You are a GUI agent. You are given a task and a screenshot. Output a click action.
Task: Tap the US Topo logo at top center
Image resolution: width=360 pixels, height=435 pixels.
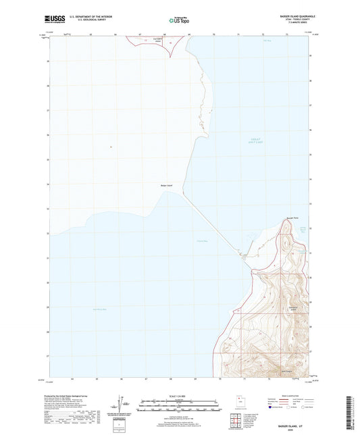click(179, 21)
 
